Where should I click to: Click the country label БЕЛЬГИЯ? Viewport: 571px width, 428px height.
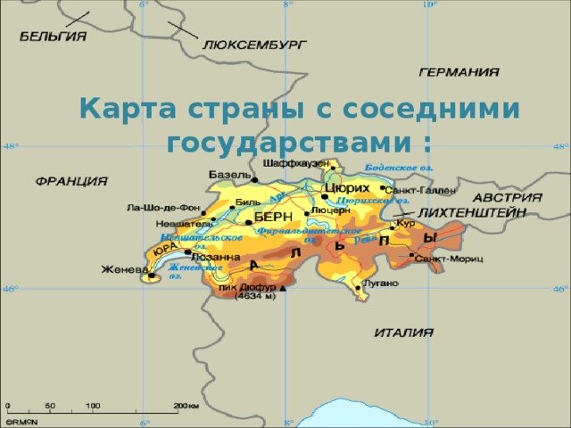[54, 37]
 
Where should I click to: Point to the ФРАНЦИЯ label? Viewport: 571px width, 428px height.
[71, 181]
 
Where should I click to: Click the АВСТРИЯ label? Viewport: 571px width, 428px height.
[507, 196]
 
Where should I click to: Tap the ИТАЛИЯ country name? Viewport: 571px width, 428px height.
[403, 332]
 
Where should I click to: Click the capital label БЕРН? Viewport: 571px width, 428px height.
[273, 218]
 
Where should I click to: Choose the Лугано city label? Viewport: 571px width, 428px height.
[381, 283]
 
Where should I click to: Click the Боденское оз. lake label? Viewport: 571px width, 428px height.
[400, 167]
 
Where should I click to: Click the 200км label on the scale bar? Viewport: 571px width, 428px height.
[186, 406]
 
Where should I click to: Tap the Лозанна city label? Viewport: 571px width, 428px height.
[216, 258]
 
